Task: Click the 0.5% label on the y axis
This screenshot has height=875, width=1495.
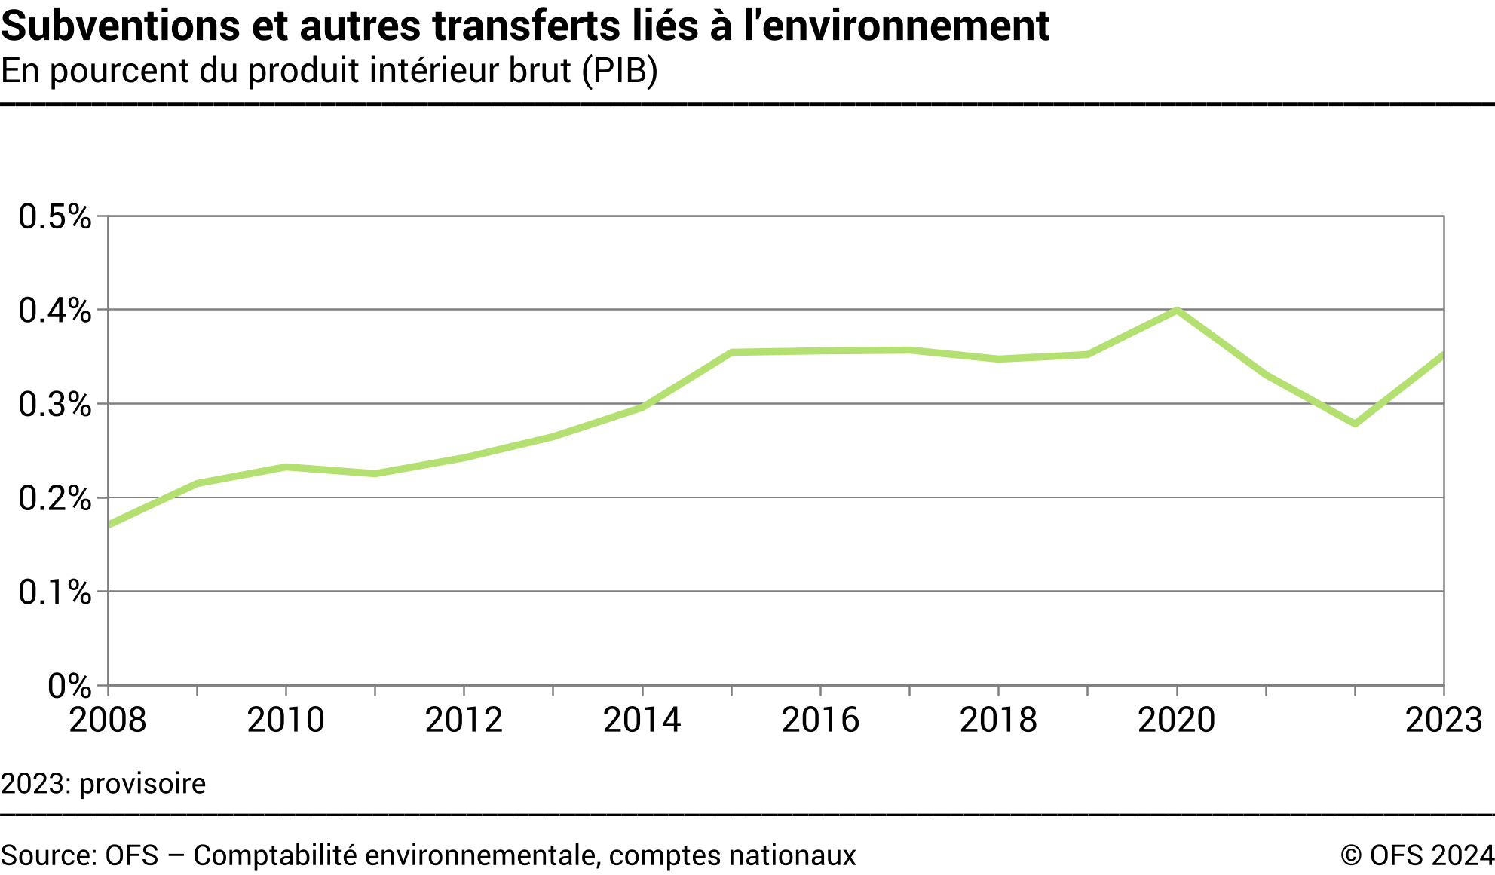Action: pyautogui.click(x=55, y=217)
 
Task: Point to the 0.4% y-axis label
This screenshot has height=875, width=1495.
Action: pyautogui.click(x=55, y=311)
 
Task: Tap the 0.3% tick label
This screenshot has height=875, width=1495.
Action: pyautogui.click(x=55, y=405)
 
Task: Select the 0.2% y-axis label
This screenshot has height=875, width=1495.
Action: pyautogui.click(x=55, y=498)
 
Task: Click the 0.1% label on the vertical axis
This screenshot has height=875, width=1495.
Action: pyautogui.click(x=55, y=592)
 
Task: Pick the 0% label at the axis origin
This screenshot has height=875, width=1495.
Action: pyautogui.click(x=69, y=686)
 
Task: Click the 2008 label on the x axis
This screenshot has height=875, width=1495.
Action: pyautogui.click(x=108, y=720)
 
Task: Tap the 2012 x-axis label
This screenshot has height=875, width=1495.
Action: pyautogui.click(x=464, y=720)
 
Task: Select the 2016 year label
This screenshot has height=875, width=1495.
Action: pyautogui.click(x=820, y=720)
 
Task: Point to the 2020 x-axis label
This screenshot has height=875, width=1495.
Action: pyautogui.click(x=1176, y=720)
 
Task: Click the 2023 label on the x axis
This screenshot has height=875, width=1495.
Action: pyautogui.click(x=1444, y=720)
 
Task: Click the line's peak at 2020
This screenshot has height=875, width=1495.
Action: pyautogui.click(x=1176, y=310)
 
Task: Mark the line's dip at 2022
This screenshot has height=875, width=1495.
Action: pyautogui.click(x=1355, y=424)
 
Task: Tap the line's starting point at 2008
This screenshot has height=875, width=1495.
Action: pyautogui.click(x=109, y=525)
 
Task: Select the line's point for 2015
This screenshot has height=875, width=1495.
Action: pyautogui.click(x=731, y=352)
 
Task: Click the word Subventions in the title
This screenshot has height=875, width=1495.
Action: pyautogui.click(x=119, y=26)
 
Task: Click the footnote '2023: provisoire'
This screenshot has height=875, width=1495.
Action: pyautogui.click(x=103, y=784)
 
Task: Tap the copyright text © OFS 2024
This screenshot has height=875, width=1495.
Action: pyautogui.click(x=1417, y=855)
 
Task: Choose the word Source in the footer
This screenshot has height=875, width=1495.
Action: pyautogui.click(x=47, y=855)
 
